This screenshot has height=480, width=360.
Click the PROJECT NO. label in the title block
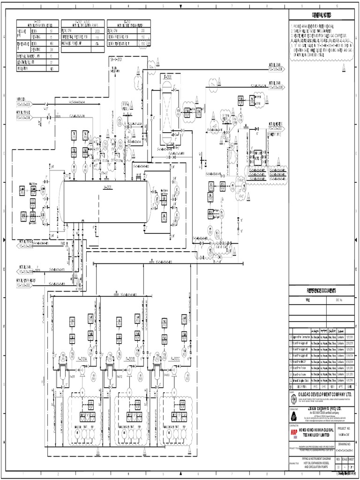tap(344, 428)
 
